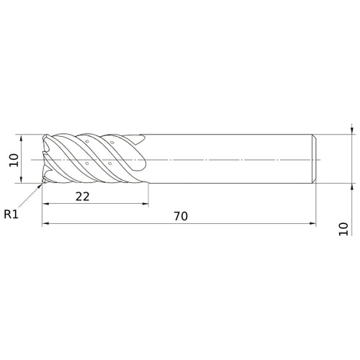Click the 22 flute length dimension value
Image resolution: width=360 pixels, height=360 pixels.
83,197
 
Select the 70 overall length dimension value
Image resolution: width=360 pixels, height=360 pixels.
181,216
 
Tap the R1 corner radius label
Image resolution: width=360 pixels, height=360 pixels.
11,214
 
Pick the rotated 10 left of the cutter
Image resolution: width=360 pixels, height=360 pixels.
14,160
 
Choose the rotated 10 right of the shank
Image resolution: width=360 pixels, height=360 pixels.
343,229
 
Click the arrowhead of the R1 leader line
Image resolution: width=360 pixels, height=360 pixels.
40,186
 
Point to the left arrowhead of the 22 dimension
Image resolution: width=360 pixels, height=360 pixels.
45,204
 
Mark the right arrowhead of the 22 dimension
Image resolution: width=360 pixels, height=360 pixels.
145,204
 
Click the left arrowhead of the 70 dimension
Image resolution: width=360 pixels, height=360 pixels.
45,223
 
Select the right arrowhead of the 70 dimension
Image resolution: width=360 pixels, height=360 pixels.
312,223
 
